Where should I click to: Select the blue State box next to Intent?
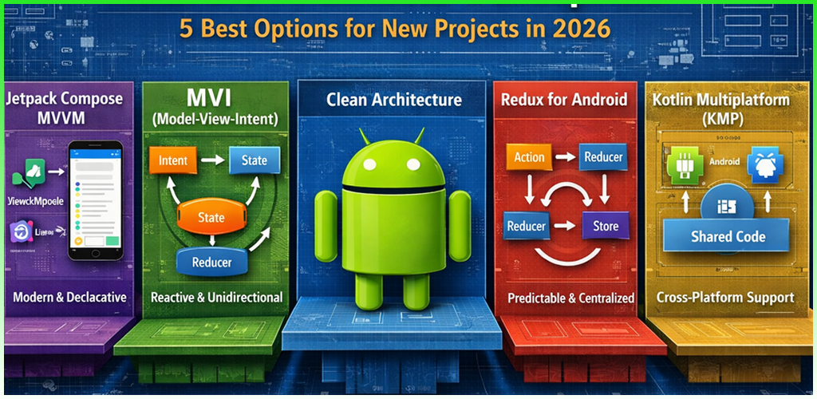[254, 160]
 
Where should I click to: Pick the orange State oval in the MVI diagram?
[211, 217]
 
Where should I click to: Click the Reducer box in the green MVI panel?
[212, 262]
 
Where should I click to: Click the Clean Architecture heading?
[393, 100]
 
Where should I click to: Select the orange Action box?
[529, 157]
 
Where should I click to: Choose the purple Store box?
[606, 227]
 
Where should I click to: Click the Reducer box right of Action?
[603, 157]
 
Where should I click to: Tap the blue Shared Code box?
[728, 236]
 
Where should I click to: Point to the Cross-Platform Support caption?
[725, 298]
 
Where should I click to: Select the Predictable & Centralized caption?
[571, 298]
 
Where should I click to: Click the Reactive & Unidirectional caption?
[216, 297]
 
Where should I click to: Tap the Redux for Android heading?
[563, 101]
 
